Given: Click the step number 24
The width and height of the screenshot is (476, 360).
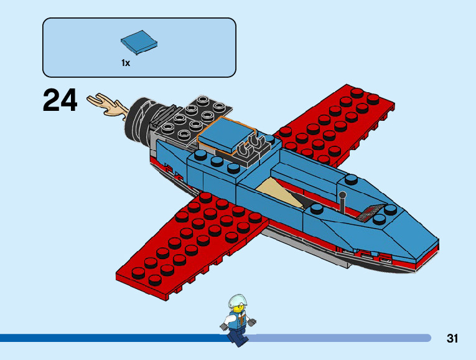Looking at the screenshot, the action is click(60, 100).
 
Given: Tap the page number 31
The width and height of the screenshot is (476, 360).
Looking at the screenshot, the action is click(452, 339).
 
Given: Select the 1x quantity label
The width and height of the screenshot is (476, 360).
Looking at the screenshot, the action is click(126, 63).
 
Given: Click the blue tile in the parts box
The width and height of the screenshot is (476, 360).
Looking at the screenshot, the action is click(139, 42).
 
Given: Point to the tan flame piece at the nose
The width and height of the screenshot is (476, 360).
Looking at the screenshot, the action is click(107, 105).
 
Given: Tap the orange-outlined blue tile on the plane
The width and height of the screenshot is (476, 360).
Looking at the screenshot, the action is click(224, 135).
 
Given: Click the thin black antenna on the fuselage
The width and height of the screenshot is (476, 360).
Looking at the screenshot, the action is click(342, 202).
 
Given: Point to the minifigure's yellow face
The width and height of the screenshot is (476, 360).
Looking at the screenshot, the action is click(237, 310).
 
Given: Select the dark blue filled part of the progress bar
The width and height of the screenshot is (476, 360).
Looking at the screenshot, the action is click(112, 338).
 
